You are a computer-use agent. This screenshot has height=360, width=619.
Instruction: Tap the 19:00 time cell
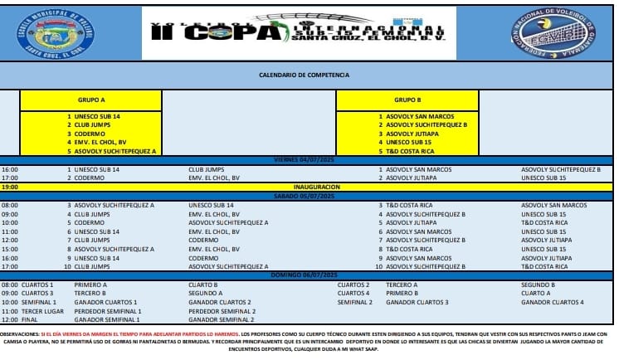tap(11, 187)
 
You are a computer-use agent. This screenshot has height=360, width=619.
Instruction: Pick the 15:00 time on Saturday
tap(11, 249)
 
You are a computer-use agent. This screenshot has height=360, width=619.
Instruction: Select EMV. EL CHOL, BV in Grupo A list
tap(96, 142)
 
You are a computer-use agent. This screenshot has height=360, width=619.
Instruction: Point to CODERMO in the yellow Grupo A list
tap(90, 134)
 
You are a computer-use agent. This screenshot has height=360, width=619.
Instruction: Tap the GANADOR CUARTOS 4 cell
tap(553, 302)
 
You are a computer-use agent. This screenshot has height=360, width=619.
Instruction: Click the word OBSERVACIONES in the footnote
tap(19, 333)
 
